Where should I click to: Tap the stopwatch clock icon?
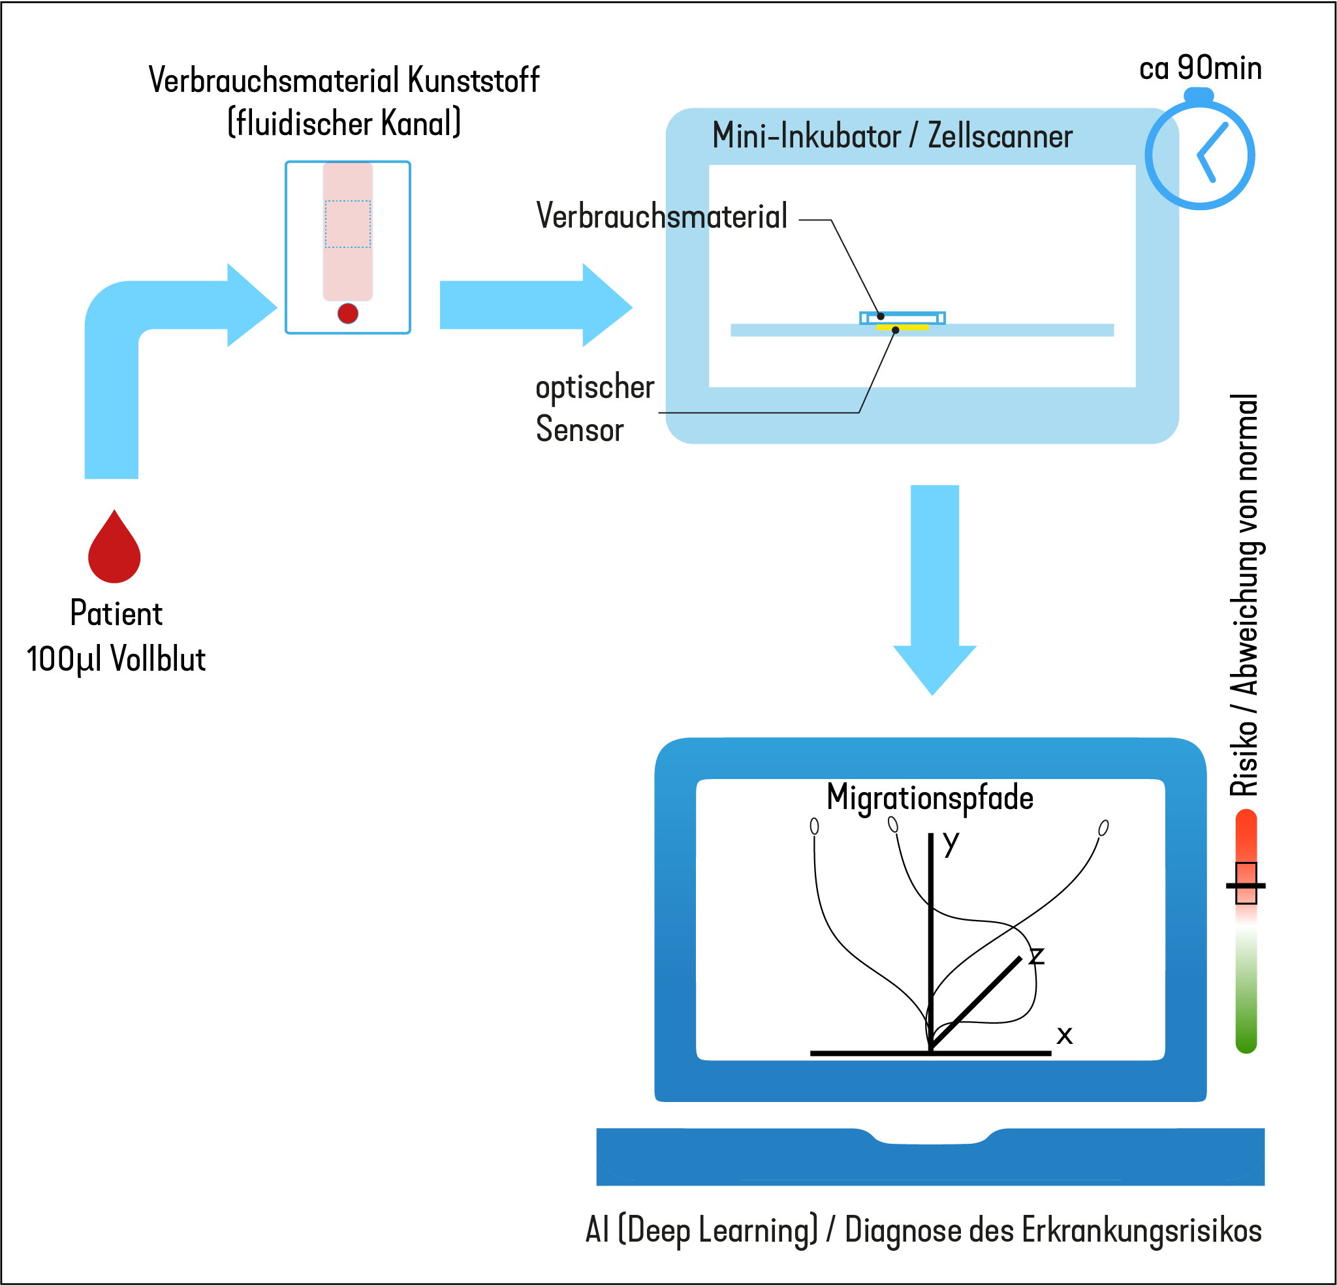tap(1200, 154)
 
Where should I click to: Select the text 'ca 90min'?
tap(1200, 69)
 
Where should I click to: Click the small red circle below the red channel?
tap(348, 313)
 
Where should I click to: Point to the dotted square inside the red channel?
tap(348, 224)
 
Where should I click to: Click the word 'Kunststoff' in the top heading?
tap(474, 80)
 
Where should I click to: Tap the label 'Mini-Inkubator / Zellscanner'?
tap(892, 136)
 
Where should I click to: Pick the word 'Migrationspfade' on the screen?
tap(930, 797)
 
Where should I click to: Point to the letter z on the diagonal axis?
tap(1037, 955)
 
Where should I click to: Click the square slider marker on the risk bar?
tap(1246, 883)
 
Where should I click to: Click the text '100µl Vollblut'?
tap(116, 660)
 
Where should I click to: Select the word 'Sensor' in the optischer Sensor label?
tap(580, 429)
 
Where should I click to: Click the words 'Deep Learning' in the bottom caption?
tap(718, 1231)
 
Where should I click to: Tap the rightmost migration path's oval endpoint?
tap(1104, 828)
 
